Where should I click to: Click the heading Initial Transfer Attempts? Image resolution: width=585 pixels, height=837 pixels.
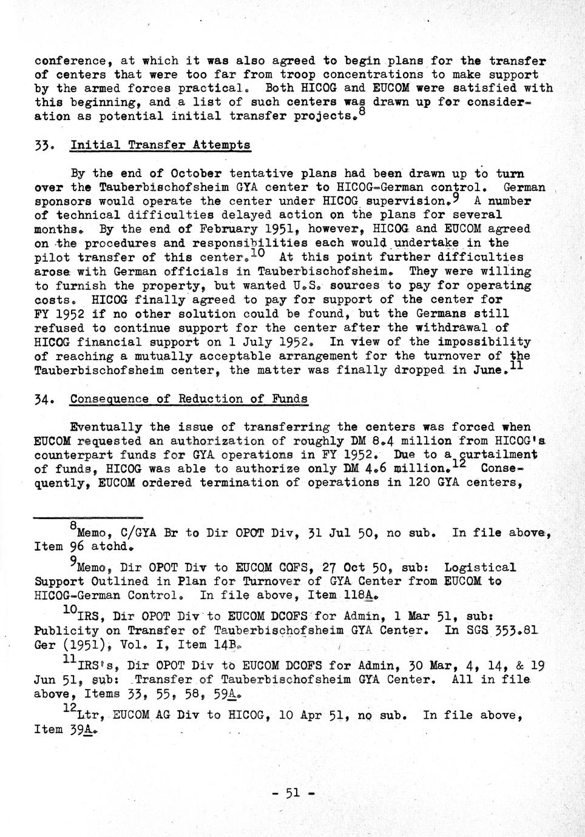click(160, 145)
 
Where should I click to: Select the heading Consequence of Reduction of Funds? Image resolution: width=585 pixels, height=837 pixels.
click(189, 399)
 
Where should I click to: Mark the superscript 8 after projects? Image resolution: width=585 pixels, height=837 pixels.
click(362, 112)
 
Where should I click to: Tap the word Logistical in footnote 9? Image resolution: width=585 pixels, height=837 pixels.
click(480, 568)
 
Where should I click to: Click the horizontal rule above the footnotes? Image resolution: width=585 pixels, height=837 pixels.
click(88, 517)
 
